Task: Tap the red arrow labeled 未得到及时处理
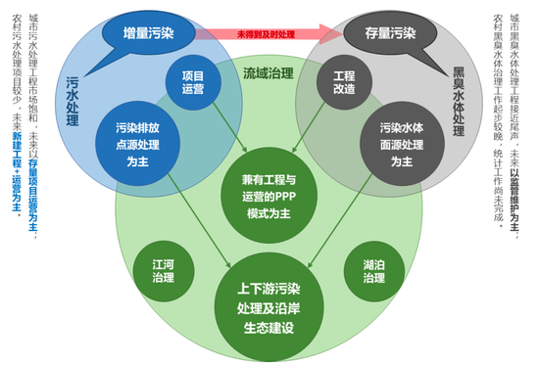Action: pos(265,35)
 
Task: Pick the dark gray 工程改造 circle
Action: pos(343,82)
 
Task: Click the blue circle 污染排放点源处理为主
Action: pos(139,141)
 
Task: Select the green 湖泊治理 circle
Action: pos(374,272)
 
